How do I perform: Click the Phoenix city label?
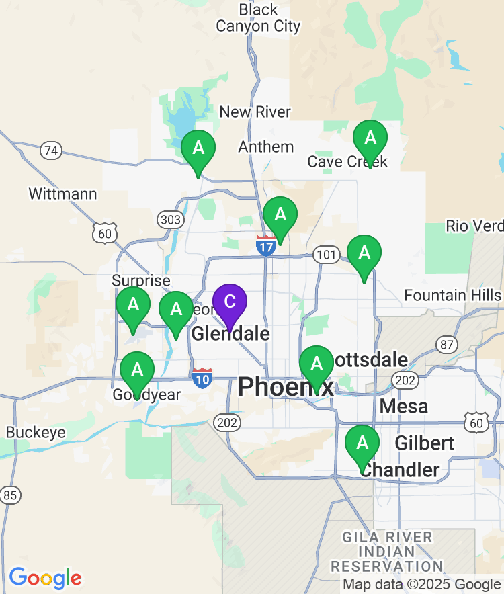click(x=285, y=387)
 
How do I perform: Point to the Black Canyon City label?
click(x=258, y=18)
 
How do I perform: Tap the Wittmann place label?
click(x=62, y=194)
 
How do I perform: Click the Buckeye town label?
click(x=36, y=433)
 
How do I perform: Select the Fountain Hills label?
click(x=452, y=296)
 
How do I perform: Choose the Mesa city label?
click(x=403, y=407)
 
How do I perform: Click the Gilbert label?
click(x=424, y=443)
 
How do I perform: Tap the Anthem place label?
click(x=266, y=147)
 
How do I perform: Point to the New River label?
click(x=255, y=112)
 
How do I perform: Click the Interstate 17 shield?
click(x=266, y=246)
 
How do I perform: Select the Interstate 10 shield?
click(x=202, y=378)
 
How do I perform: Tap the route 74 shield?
click(x=51, y=151)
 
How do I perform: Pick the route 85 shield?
click(x=10, y=496)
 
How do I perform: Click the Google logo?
click(x=45, y=578)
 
